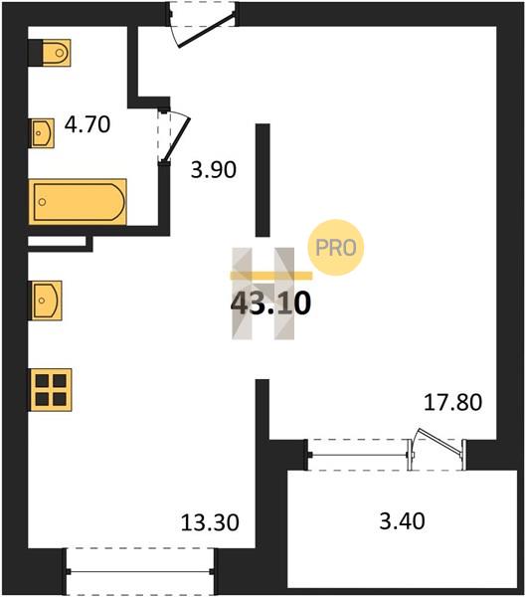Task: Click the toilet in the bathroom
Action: click(56, 53)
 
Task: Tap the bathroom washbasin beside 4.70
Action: click(42, 133)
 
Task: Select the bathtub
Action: click(78, 202)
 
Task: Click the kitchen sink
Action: click(46, 300)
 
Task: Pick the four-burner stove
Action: click(51, 390)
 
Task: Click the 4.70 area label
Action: click(88, 124)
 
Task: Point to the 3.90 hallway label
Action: click(214, 170)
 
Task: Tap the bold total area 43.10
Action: click(271, 303)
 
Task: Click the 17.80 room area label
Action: click(453, 402)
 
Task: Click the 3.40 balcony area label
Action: click(402, 520)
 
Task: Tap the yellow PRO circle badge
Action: click(336, 248)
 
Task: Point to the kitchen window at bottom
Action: click(140, 571)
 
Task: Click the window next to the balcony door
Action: click(358, 455)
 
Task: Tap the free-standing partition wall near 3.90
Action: click(263, 180)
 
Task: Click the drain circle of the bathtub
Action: click(42, 202)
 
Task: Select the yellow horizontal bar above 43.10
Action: click(271, 276)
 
